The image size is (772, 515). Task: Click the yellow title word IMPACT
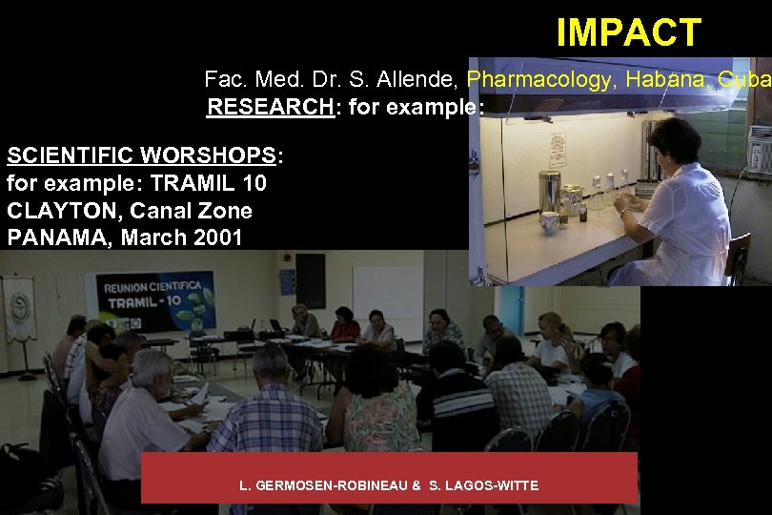pyautogui.click(x=628, y=32)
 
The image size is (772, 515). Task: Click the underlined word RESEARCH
pyautogui.click(x=269, y=106)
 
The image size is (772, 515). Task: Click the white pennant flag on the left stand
pyautogui.click(x=18, y=308)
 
